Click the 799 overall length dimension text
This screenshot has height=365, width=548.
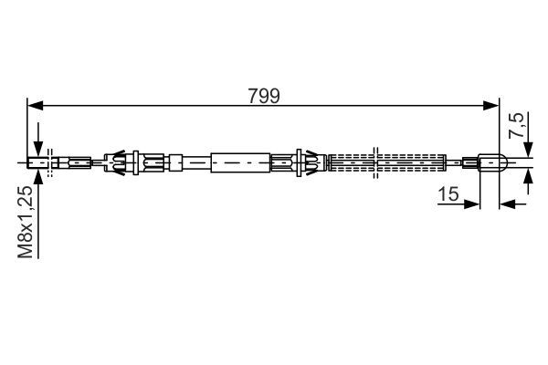[264, 96]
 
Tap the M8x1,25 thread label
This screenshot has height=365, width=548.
[26, 222]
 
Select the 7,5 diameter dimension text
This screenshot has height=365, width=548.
[516, 125]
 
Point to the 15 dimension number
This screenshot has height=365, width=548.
[448, 194]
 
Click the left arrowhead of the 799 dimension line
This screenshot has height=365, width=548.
[35, 105]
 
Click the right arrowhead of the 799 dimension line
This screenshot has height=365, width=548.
[491, 105]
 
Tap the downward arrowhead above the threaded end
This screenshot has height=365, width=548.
[38, 150]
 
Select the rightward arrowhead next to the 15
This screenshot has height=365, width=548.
[472, 203]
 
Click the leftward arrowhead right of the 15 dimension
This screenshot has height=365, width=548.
[508, 203]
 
